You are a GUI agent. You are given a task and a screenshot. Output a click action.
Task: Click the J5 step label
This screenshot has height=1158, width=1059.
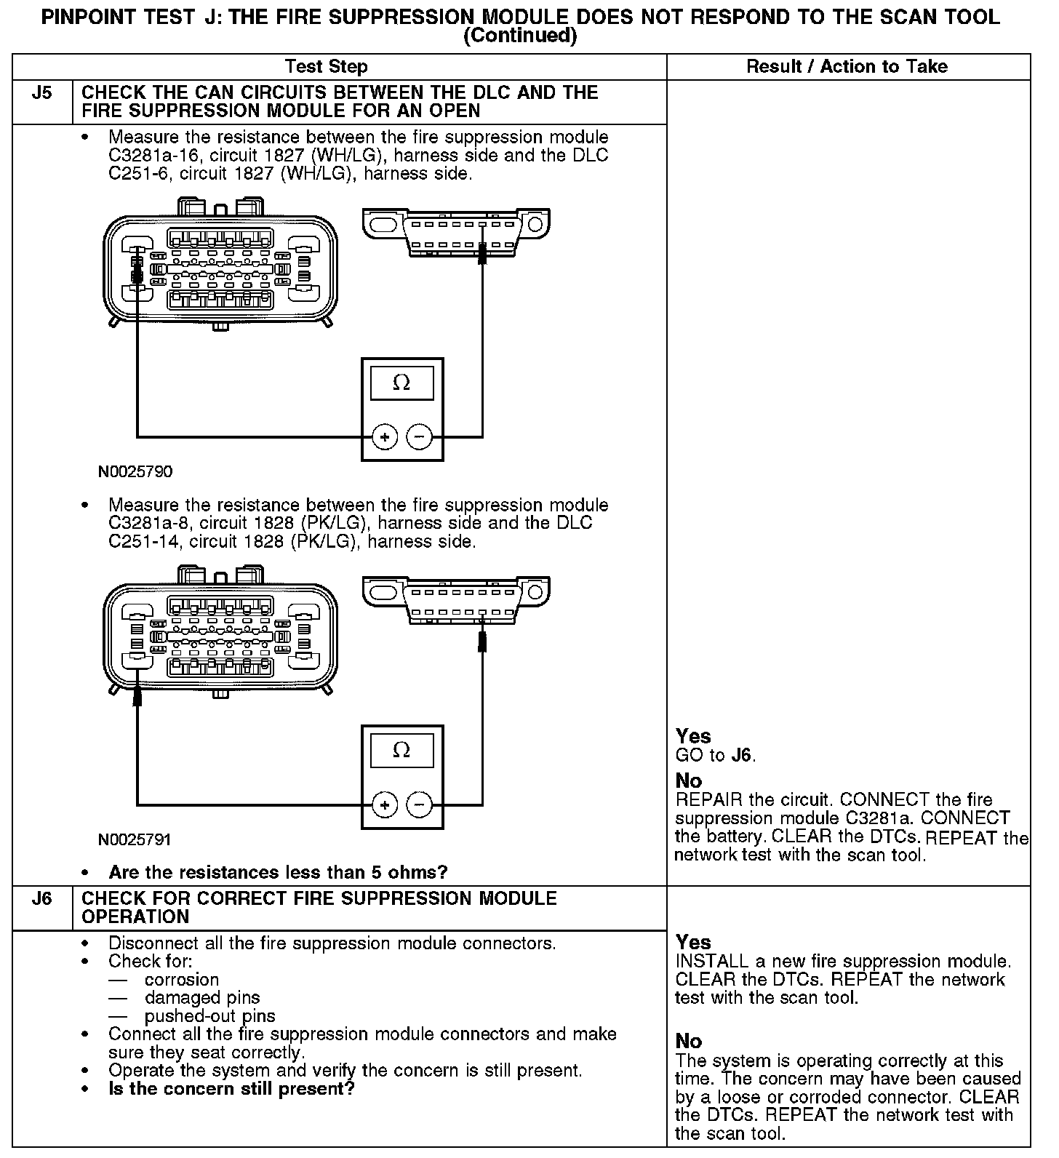42,93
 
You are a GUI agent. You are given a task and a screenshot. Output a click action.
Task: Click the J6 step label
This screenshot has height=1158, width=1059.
42,899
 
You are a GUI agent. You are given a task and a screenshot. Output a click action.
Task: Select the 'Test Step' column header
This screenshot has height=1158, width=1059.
327,67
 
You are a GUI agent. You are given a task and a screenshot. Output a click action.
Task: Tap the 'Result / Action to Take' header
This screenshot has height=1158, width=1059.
847,67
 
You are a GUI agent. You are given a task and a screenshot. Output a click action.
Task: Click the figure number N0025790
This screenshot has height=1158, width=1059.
135,472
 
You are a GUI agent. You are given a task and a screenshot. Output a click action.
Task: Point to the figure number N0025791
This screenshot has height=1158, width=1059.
135,840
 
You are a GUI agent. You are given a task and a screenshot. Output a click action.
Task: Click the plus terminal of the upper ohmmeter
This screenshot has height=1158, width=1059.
385,437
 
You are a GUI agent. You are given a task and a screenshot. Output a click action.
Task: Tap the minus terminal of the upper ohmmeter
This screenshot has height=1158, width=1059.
419,437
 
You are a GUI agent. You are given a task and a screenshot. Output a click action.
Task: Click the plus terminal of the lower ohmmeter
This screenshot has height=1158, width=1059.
385,804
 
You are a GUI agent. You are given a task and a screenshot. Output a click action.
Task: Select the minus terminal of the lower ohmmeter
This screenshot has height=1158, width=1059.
419,804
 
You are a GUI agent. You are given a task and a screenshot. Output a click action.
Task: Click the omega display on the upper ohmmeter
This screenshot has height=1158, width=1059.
401,383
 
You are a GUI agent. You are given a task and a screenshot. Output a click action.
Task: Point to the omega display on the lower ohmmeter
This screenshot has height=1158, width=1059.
401,750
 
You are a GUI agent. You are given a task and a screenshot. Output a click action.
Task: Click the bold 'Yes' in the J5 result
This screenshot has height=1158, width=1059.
693,736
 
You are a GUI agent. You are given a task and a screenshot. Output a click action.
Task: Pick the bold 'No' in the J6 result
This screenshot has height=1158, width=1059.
688,1042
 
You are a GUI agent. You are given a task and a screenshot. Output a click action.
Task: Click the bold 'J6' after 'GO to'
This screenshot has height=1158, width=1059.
741,755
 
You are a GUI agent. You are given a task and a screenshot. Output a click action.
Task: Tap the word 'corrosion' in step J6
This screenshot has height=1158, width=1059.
182,980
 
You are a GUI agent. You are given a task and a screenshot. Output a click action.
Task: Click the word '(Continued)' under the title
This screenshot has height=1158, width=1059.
520,36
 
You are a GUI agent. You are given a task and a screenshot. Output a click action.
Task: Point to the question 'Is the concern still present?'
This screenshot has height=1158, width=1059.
231,1089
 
